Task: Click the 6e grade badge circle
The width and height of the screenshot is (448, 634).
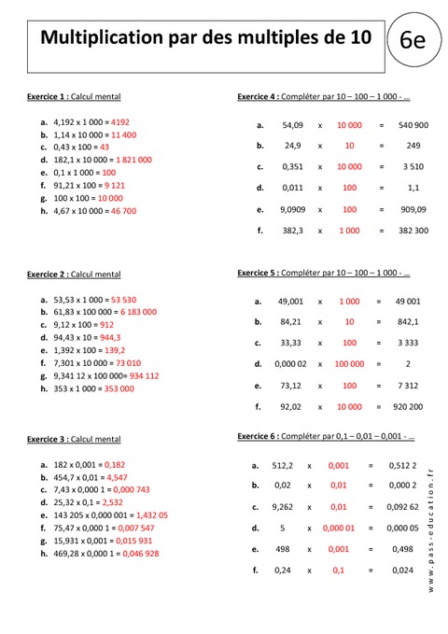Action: pyautogui.click(x=413, y=41)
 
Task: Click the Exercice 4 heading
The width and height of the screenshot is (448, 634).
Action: pyautogui.click(x=261, y=96)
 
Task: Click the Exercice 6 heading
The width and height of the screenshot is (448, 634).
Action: pyautogui.click(x=261, y=436)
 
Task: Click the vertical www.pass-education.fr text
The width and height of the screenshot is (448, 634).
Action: pyautogui.click(x=431, y=532)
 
